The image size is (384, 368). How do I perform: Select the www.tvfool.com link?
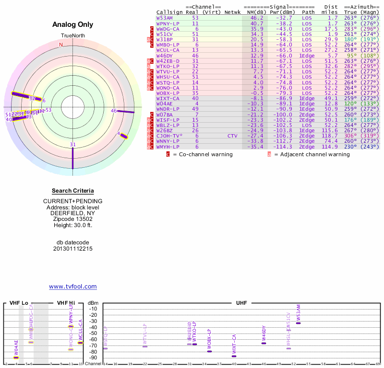tap(72, 287)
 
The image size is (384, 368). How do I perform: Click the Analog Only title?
tap(72, 24)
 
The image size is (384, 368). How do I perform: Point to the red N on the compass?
tap(61, 45)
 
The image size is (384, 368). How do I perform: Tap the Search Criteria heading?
tap(72, 191)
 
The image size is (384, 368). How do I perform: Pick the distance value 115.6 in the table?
tap(330, 130)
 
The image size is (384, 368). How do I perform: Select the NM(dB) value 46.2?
tap(257, 18)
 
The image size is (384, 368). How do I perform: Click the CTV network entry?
tap(232, 136)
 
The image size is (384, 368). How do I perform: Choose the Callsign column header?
tap(169, 12)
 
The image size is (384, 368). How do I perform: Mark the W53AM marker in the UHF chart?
tap(298, 323)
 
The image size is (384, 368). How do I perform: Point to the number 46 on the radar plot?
tap(114, 111)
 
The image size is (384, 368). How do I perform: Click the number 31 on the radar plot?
tap(72, 144)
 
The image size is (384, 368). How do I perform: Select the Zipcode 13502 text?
tap(72, 219)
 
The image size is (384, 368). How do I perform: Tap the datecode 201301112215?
tap(72, 249)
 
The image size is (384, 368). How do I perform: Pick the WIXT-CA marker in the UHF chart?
tap(234, 356)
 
